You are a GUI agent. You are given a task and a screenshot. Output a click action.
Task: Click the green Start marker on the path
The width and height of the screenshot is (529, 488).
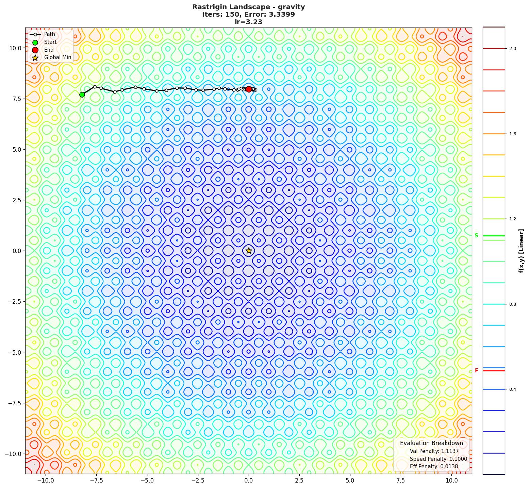[x=82, y=95]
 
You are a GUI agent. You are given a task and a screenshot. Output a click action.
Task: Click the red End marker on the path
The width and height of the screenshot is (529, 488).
[x=249, y=89]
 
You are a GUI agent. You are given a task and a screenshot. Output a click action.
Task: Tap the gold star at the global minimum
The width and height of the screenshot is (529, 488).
[x=249, y=251]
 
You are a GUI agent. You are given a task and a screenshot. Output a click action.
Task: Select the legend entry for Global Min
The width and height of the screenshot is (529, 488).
[x=57, y=57]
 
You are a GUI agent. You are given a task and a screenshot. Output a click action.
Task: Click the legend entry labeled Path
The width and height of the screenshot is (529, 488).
[x=49, y=34]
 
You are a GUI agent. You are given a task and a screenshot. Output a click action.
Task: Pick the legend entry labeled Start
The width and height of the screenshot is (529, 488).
[x=50, y=42]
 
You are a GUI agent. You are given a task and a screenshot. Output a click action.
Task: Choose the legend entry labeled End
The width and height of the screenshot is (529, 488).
[x=49, y=50]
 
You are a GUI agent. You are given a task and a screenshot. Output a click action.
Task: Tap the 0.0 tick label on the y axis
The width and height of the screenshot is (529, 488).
[x=16, y=251]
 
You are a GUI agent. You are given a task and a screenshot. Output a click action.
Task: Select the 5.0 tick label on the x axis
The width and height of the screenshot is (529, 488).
[x=350, y=481]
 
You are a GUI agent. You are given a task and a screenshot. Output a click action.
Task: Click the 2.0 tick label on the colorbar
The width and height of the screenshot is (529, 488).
[x=512, y=49]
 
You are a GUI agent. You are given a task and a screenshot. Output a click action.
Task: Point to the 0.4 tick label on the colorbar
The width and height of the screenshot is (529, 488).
[x=512, y=389]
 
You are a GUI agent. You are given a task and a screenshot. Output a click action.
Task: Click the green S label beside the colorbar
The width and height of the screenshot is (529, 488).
[x=476, y=236]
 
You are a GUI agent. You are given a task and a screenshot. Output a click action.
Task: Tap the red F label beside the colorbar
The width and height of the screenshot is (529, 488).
[x=476, y=371]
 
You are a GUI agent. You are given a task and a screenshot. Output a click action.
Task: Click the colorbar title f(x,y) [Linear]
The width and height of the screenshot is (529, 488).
[x=521, y=251]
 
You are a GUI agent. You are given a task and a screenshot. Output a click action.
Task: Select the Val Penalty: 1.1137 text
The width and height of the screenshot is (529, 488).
[x=434, y=451]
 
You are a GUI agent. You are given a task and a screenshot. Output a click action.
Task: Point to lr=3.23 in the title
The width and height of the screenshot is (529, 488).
[x=248, y=22]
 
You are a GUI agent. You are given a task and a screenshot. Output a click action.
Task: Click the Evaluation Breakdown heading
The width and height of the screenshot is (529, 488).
[x=431, y=443]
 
